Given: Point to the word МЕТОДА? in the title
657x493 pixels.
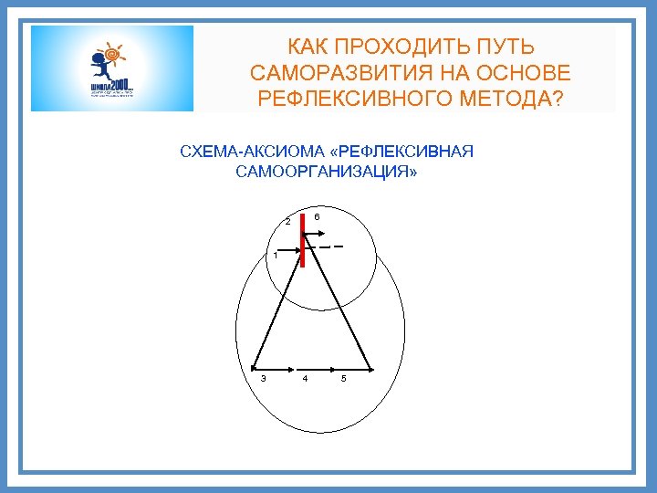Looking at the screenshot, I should point(516,99).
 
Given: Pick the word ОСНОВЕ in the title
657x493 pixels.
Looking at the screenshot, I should point(523,73).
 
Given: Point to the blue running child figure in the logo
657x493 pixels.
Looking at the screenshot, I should point(98,68).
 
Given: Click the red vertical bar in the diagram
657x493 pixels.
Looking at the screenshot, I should point(302,239).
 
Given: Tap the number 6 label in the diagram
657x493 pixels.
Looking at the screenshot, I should point(316,217).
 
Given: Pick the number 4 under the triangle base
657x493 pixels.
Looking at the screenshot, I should point(305,379).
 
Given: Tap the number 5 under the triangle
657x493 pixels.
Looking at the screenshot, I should point(343,379).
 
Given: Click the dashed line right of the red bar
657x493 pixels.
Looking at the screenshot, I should point(332,246).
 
